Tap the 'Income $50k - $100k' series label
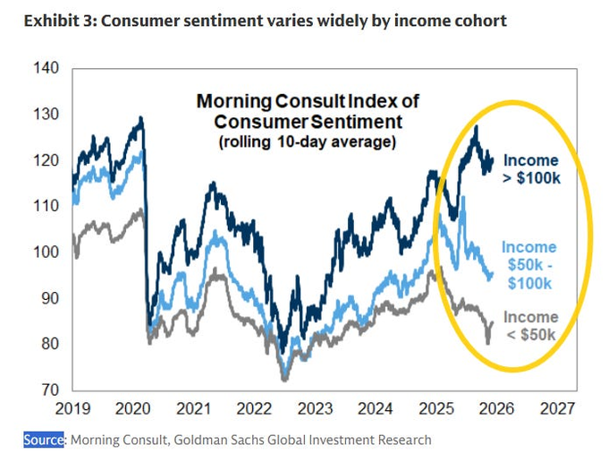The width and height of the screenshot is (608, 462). [528, 265]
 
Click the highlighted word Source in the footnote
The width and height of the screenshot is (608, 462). [44, 440]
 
